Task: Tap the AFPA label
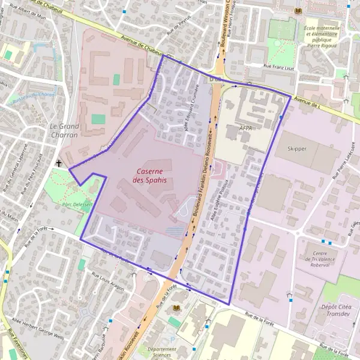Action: point(245,128)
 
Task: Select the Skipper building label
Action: point(296,149)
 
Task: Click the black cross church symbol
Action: point(59,163)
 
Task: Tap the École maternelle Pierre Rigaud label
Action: point(322,36)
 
